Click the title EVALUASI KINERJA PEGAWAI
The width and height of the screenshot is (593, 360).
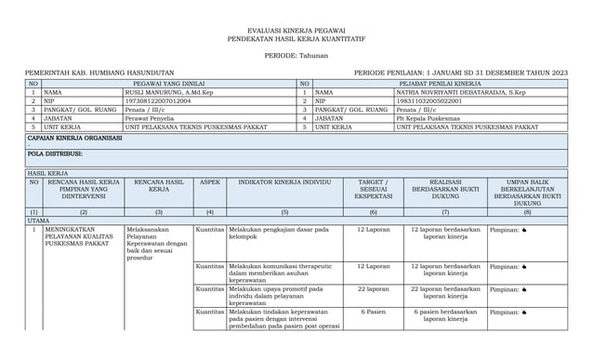click(296, 31)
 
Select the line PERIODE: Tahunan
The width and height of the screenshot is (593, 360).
click(296, 56)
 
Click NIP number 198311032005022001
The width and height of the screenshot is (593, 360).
click(436, 101)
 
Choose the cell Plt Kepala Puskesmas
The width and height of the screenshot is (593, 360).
click(428, 118)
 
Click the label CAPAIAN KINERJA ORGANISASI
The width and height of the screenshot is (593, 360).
click(75, 137)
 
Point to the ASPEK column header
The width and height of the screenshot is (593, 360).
click(209, 182)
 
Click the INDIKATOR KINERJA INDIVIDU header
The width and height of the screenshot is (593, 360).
click(284, 182)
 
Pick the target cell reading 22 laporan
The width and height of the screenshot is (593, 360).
click(373, 289)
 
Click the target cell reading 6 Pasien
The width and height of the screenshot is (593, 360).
click(373, 312)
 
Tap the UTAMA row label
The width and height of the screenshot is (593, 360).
click(39, 220)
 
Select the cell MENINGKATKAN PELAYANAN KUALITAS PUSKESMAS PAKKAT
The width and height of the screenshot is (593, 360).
click(82, 237)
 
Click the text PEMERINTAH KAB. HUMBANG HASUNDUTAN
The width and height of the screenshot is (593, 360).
click(99, 73)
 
